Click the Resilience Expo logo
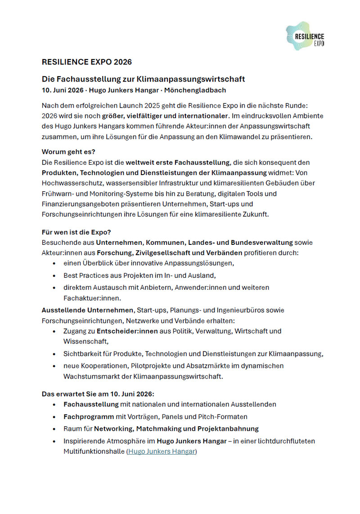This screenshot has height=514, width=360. click(x=305, y=36)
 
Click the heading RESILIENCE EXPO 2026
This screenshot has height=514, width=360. click(x=86, y=62)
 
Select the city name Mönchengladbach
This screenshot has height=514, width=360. click(x=195, y=90)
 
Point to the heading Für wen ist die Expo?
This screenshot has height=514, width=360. click(x=76, y=232)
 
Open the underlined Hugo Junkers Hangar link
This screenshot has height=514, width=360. click(x=162, y=451)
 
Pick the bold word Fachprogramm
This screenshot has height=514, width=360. click(x=89, y=417)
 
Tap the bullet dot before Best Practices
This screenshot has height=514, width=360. click(x=54, y=275)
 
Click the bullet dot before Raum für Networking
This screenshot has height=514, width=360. click(x=54, y=429)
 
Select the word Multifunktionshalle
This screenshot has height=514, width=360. click(x=94, y=451)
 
